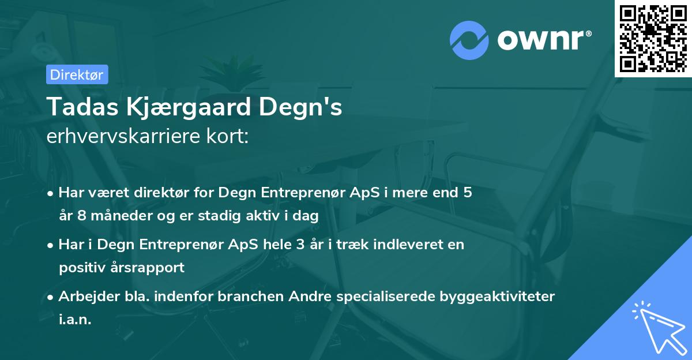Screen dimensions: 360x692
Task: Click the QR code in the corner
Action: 653,39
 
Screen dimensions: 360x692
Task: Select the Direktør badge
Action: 77,74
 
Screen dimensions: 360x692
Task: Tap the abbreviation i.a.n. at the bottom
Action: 75,320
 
